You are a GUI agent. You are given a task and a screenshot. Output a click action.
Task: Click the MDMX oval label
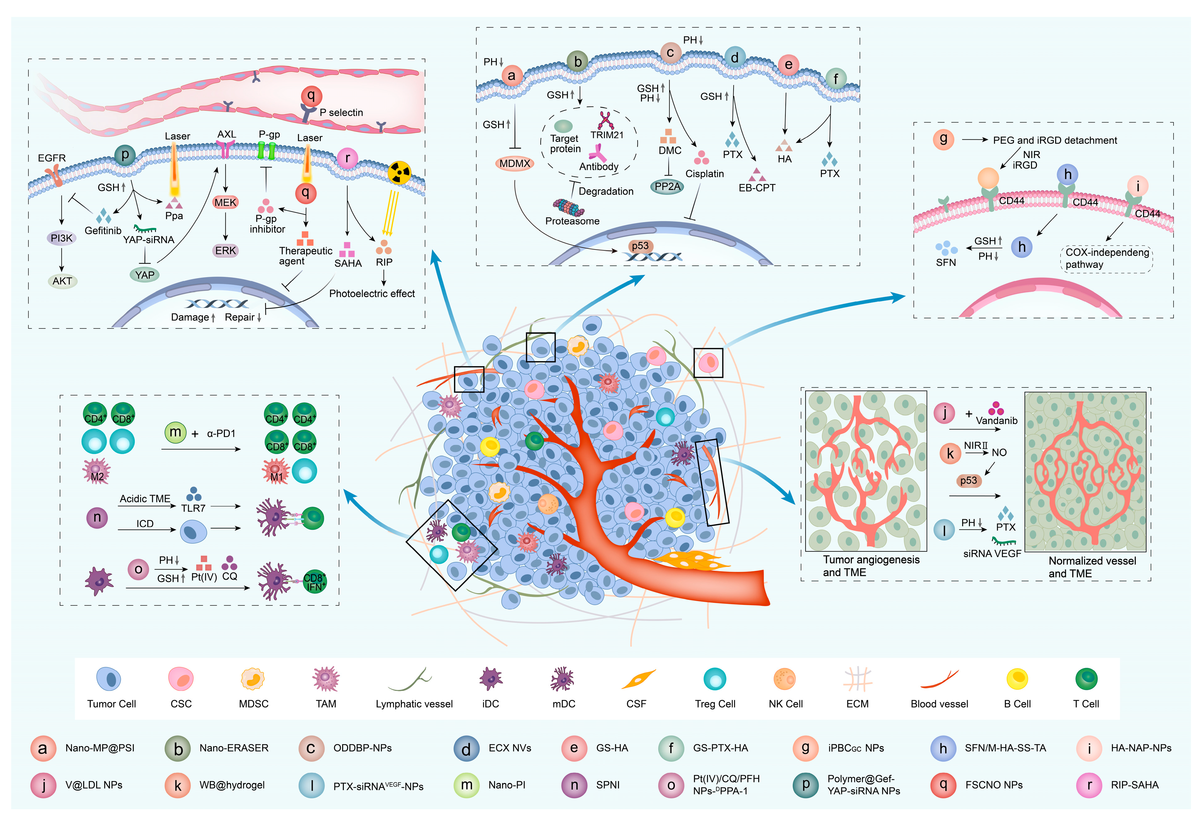(515, 164)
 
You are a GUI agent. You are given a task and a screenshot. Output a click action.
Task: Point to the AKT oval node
(62, 281)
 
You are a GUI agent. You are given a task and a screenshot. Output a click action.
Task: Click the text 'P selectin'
(341, 112)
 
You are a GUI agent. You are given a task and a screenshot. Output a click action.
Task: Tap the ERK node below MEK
(225, 251)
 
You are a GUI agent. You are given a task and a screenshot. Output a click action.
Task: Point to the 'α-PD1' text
(221, 433)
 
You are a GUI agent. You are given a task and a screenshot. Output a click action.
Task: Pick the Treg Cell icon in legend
(715, 679)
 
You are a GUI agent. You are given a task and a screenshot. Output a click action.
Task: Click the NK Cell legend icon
(784, 679)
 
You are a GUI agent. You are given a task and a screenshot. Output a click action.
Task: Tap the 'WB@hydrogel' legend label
(232, 785)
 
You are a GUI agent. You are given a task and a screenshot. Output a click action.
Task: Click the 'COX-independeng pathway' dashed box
(1106, 258)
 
